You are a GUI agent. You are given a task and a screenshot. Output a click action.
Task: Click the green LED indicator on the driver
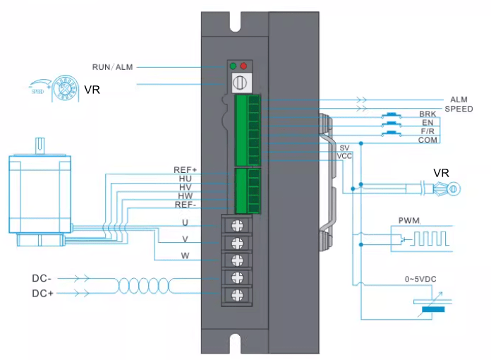[233, 66]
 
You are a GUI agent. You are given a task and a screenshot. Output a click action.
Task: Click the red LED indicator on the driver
[243, 66]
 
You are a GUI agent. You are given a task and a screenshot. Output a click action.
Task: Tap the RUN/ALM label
[112, 67]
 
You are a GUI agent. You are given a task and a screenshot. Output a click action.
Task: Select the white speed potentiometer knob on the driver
[239, 82]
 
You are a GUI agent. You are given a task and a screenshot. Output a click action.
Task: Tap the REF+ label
[185, 170]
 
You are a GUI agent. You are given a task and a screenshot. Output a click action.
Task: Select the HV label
[185, 187]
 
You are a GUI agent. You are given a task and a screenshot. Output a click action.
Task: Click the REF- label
[185, 205]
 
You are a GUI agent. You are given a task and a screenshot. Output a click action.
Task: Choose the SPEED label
[458, 109]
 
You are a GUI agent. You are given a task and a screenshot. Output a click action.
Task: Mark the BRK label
[428, 114]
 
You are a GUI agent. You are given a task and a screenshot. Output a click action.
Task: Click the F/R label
[428, 131]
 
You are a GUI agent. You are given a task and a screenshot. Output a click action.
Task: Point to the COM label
[428, 140]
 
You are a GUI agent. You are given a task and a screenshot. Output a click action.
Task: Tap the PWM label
[408, 222]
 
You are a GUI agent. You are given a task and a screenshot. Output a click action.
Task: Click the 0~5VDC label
[420, 280]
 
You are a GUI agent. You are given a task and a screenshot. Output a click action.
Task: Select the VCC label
[344, 155]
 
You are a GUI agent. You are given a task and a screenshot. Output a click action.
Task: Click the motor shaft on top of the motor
[40, 144]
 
